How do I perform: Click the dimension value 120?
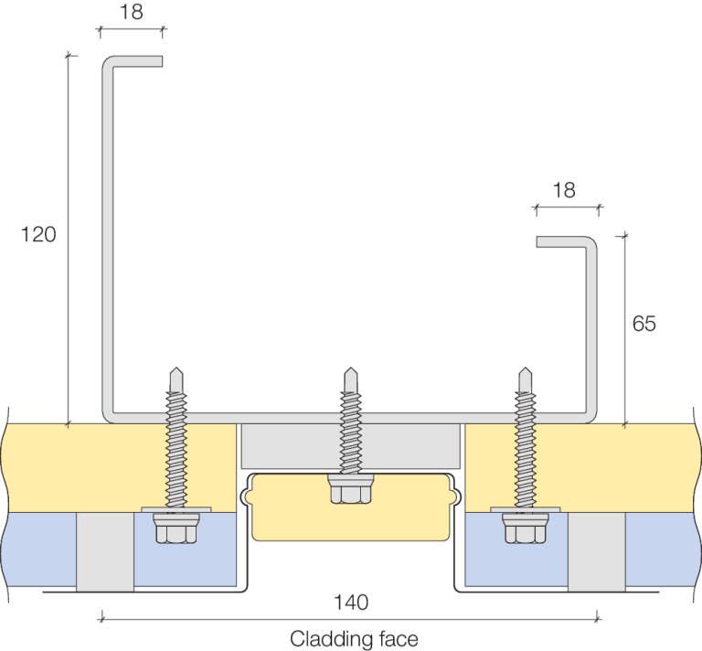point(38,235)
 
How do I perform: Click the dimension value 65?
point(643,324)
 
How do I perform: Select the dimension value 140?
point(350,603)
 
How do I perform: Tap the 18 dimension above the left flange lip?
point(132,13)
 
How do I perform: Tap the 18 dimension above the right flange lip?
point(565,190)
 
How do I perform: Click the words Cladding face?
point(354,637)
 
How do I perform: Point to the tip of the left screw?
point(175,370)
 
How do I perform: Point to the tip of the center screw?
point(349,370)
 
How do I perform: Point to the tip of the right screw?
point(525,370)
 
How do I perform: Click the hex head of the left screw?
point(175,530)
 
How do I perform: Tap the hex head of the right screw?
point(525,530)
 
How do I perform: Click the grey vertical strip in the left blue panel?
point(104,550)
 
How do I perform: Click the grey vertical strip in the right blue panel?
point(596,550)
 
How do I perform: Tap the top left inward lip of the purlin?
point(137,61)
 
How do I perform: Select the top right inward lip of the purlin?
point(563,242)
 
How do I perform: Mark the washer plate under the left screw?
point(175,509)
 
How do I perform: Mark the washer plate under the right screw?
point(525,509)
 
